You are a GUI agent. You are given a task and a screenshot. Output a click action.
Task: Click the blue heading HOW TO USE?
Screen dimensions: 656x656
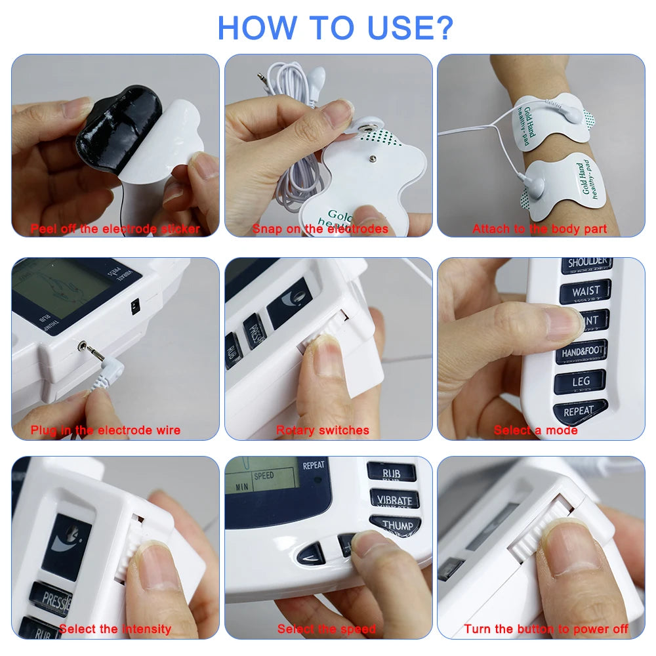point(335,27)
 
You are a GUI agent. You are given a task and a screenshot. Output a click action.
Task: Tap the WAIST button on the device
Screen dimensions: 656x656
point(585,292)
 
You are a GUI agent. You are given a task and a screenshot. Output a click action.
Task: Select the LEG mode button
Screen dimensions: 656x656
point(580,381)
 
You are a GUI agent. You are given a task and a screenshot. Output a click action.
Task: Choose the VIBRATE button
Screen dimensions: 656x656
point(394,500)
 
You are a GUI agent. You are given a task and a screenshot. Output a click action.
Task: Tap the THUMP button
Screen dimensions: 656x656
point(396,525)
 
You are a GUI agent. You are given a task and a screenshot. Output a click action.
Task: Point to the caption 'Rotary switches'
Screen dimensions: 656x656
point(322,430)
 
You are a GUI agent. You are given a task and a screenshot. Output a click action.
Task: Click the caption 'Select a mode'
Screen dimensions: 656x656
point(535,430)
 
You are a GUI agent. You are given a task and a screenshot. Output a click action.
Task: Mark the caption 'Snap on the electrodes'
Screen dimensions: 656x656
point(320,229)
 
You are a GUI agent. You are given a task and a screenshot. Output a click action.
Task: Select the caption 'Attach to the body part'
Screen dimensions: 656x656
point(539,229)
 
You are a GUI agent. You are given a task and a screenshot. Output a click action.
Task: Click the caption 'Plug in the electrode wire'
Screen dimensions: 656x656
point(105,430)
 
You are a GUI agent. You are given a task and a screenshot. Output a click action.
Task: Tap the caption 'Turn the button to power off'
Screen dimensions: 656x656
point(546,629)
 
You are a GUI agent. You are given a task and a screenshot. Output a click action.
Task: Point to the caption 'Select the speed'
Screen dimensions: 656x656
point(326,629)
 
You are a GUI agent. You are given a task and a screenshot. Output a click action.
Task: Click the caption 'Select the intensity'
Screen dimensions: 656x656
point(115,629)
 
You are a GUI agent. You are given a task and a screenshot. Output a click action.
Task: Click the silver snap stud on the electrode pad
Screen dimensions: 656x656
point(361,124)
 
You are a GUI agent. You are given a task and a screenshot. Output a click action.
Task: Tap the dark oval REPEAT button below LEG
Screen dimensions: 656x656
point(578,411)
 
